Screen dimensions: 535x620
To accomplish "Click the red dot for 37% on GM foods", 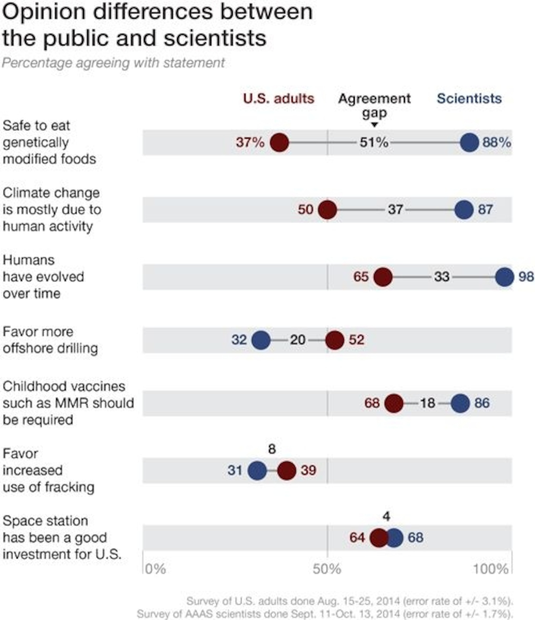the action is [279, 143].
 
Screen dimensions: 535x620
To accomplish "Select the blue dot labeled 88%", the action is [469, 143].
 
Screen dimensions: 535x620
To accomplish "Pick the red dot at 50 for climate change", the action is [327, 210].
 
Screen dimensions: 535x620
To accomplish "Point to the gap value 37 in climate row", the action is [395, 209].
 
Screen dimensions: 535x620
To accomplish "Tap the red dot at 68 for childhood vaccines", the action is [394, 403].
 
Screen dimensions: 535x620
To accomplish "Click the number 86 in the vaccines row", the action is [482, 403].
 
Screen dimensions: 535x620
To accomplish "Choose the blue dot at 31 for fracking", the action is [257, 470].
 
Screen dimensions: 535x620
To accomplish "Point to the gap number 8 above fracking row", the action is [272, 449].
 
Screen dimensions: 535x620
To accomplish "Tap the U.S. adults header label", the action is [278, 98].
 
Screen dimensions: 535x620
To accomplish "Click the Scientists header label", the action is [469, 98].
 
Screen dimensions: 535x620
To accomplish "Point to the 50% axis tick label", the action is [327, 569].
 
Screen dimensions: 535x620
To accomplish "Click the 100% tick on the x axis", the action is [490, 569].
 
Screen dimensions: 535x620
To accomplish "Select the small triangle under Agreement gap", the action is [374, 125].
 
